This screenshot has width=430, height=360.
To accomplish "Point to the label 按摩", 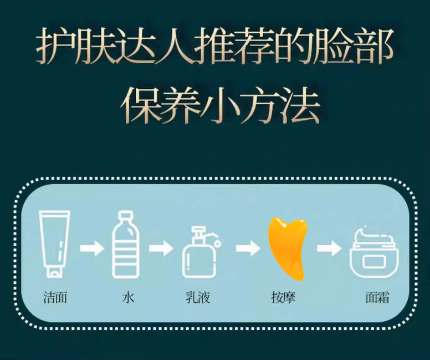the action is pyautogui.click(x=283, y=297).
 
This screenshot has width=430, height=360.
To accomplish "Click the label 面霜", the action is pyautogui.click(x=377, y=297).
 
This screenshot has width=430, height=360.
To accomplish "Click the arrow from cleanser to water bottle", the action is pyautogui.click(x=91, y=248).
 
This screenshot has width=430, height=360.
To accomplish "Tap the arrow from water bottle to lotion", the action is pyautogui.click(x=161, y=248).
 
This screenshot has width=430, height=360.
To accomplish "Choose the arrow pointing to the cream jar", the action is pyautogui.click(x=329, y=248).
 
